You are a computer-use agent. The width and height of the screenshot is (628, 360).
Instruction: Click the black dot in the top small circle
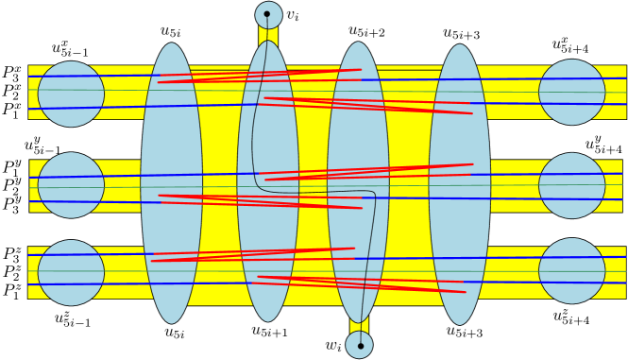click(267, 14)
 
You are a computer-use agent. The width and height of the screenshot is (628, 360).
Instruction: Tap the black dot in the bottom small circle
click(360, 346)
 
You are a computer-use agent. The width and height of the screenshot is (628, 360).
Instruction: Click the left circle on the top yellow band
click(71, 94)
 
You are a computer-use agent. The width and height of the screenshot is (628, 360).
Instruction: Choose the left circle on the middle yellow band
click(71, 185)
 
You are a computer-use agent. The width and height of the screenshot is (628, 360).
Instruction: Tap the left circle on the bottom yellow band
click(71, 272)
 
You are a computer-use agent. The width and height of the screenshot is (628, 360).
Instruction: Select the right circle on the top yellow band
click(572, 93)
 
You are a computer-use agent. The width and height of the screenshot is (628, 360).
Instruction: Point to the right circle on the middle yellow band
click(572, 185)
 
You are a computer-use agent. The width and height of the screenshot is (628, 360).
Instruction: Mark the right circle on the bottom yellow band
click(572, 271)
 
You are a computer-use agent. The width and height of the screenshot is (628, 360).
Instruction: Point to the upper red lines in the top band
click(260, 76)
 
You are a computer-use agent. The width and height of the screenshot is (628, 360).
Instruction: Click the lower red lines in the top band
click(368, 105)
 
